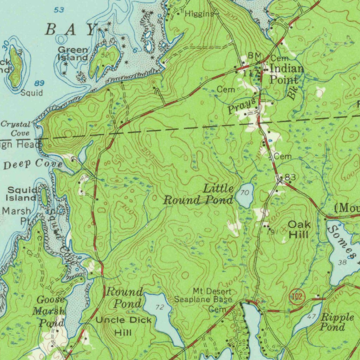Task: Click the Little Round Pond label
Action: (x=199, y=194)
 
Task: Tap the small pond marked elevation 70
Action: (x=244, y=195)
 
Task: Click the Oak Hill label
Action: (x=299, y=229)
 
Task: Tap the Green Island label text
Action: (x=73, y=54)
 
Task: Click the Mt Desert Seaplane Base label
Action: (x=204, y=296)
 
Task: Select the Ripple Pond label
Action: (x=332, y=322)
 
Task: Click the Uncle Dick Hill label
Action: (x=123, y=326)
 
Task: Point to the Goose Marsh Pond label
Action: (x=49, y=311)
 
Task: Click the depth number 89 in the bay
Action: (x=39, y=83)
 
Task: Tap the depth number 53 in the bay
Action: (x=59, y=10)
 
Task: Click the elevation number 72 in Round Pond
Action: (x=160, y=308)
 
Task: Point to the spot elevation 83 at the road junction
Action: (x=290, y=178)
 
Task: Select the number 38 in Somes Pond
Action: (x=342, y=263)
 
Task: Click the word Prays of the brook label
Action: (x=241, y=106)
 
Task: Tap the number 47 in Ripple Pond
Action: (x=311, y=316)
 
